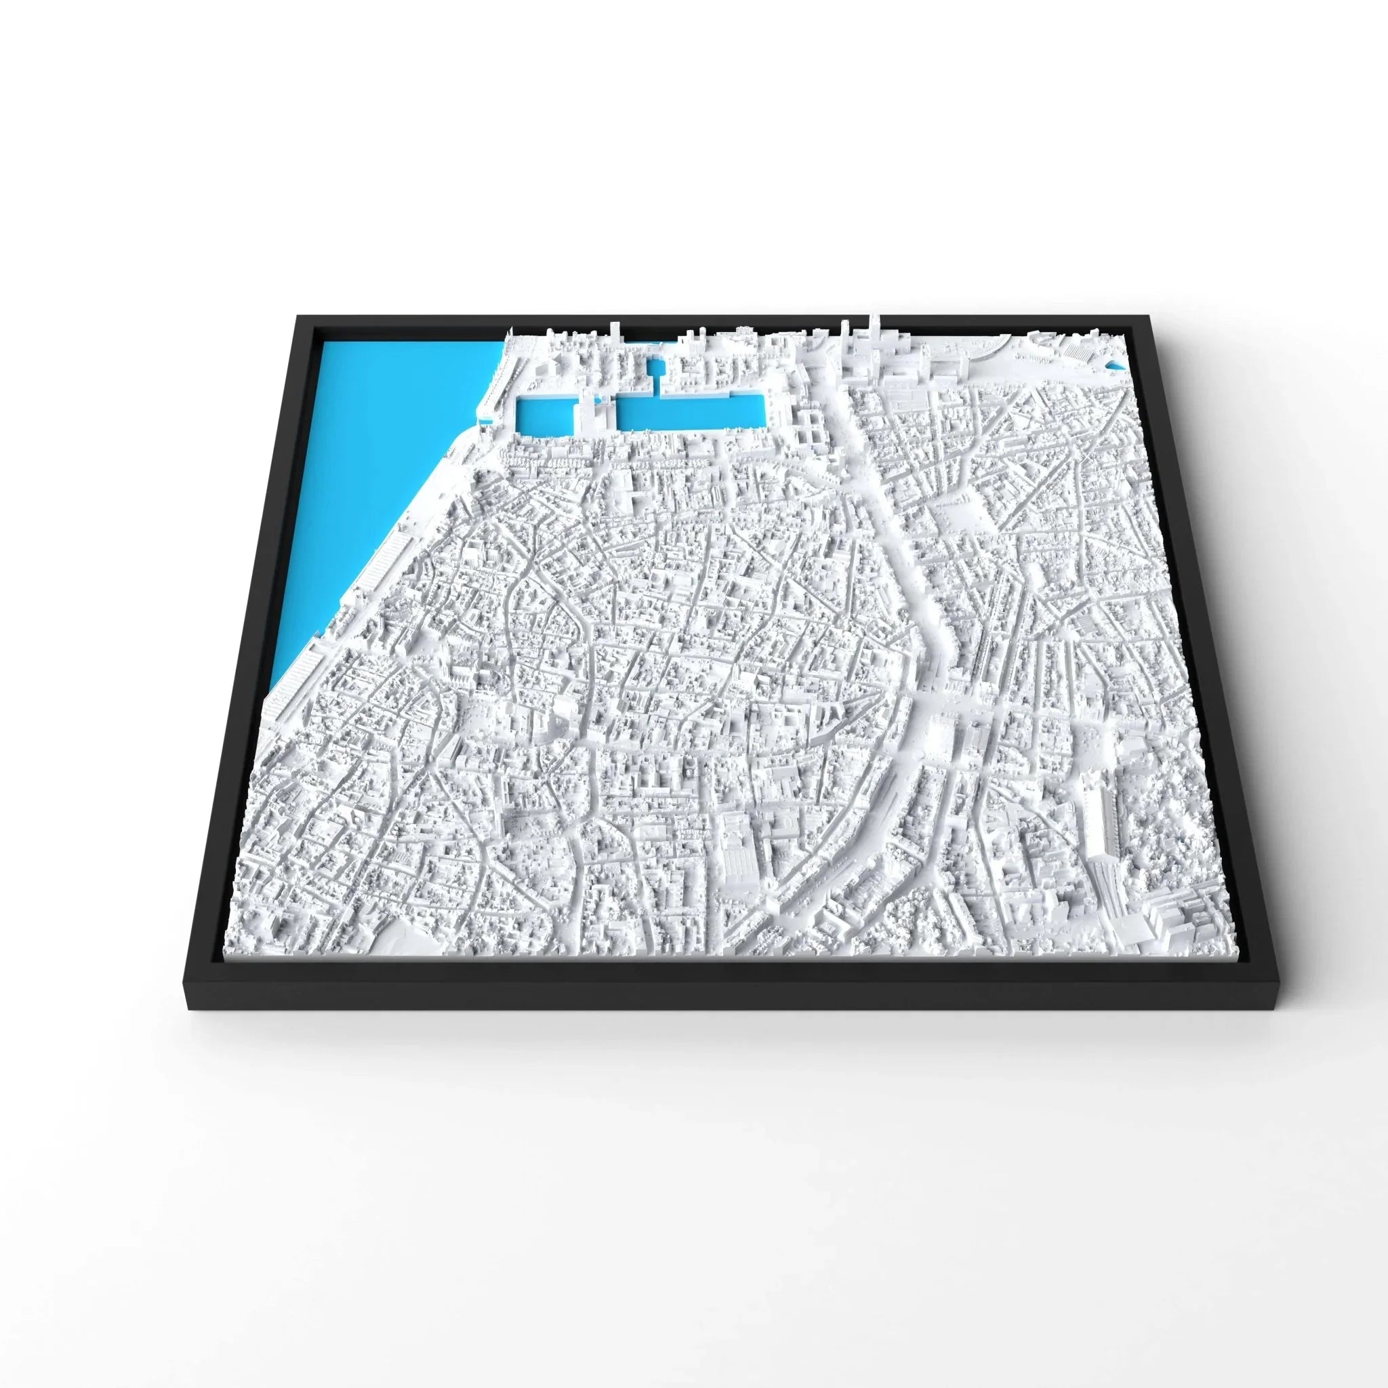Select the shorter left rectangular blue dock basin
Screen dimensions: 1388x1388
[543, 417]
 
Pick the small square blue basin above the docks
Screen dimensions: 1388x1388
[655, 372]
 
